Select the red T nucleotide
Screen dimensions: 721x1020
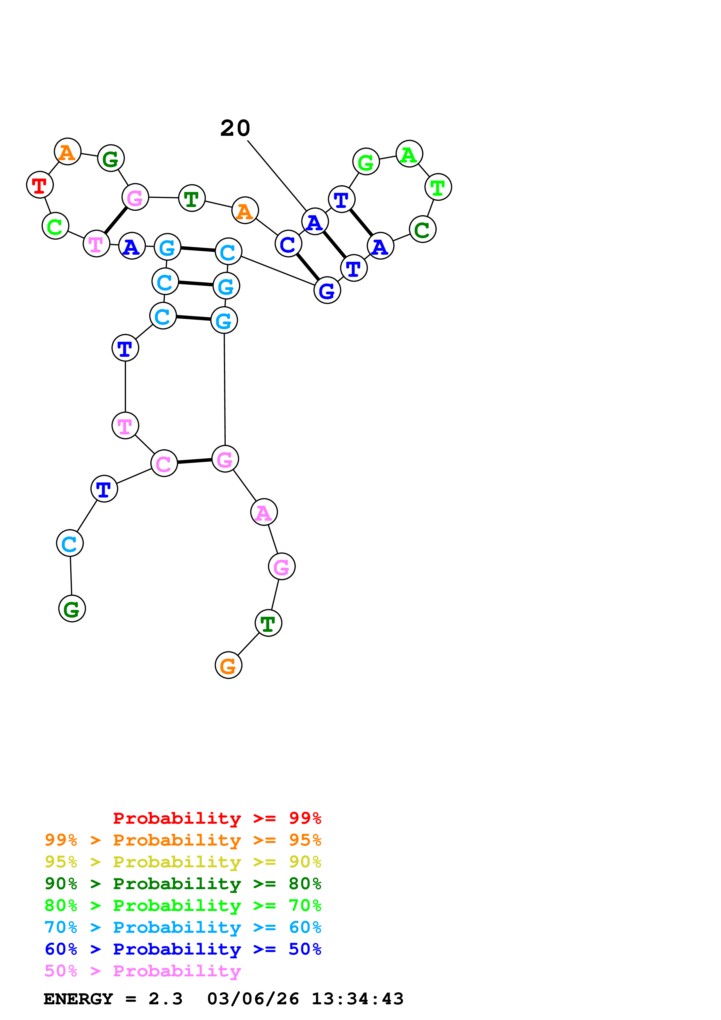40,185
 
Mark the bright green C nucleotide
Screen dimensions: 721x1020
55,226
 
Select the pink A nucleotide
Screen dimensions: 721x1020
264,512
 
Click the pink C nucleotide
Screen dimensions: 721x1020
164,463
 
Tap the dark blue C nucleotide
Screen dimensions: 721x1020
288,244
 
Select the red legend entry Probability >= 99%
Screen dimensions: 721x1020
217,818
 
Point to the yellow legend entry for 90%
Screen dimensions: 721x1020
183,862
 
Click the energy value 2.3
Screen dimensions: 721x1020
165,999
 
